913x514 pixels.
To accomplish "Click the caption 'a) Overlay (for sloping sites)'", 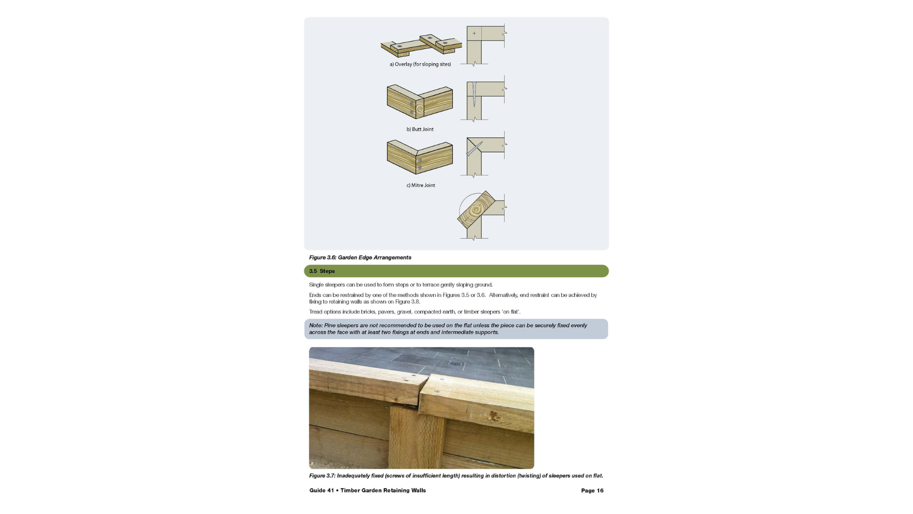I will coord(420,64).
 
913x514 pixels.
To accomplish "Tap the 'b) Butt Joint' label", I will coord(420,129).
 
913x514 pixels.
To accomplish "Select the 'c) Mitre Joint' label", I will coord(421,186).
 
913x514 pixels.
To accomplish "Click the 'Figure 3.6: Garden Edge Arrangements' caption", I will coord(360,257).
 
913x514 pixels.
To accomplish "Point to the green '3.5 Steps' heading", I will coord(322,271).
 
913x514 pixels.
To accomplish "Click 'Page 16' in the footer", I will coord(592,491).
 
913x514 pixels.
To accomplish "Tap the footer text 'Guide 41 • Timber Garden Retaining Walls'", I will coord(368,491).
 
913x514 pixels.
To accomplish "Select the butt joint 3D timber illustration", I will coord(419,101).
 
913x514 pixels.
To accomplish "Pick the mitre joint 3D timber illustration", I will coord(419,157).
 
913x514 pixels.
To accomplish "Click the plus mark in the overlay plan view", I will coord(474,33).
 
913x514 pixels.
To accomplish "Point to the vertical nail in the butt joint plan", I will coord(475,94).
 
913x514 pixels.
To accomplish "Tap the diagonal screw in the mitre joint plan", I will coord(474,148).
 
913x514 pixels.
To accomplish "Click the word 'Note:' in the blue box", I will coord(316,326).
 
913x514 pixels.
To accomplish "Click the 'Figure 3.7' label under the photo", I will coord(322,476).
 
